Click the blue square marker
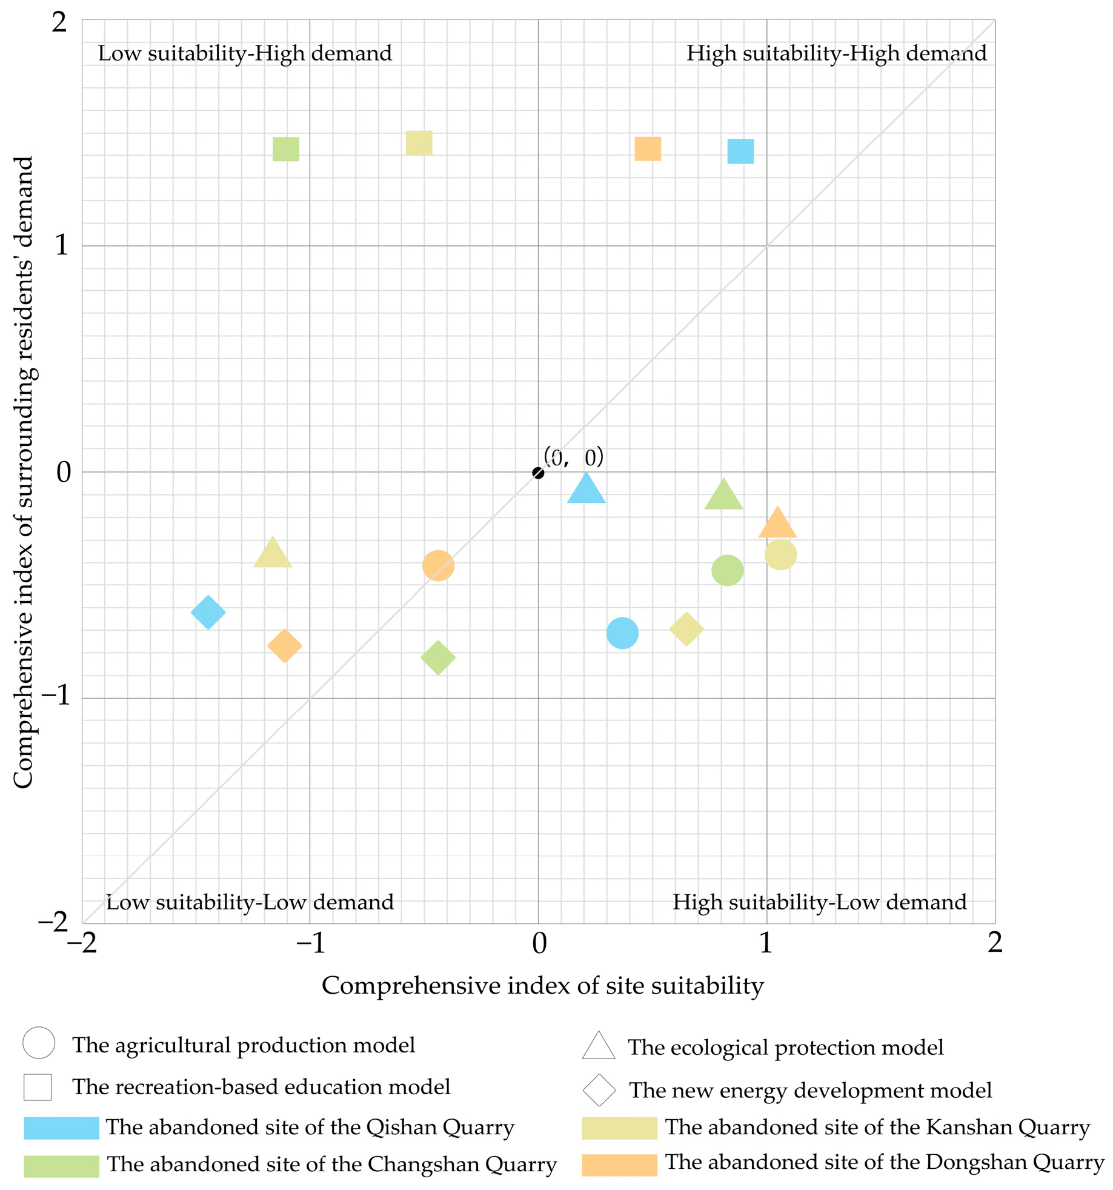pos(740,151)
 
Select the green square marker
pos(285,149)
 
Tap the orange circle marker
pos(438,565)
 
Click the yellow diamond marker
pos(686,629)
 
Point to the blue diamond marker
pos(208,612)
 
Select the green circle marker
pos(727,570)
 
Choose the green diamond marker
pos(437,657)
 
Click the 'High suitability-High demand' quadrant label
pos(836,53)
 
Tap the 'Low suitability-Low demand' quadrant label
pos(250,902)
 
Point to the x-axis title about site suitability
pos(542,986)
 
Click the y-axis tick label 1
pos(61,245)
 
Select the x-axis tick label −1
pos(310,943)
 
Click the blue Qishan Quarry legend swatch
pos(61,1128)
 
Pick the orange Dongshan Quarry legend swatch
pos(619,1165)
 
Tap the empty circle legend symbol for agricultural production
pos(39,1043)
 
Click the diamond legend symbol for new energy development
pos(599,1090)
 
